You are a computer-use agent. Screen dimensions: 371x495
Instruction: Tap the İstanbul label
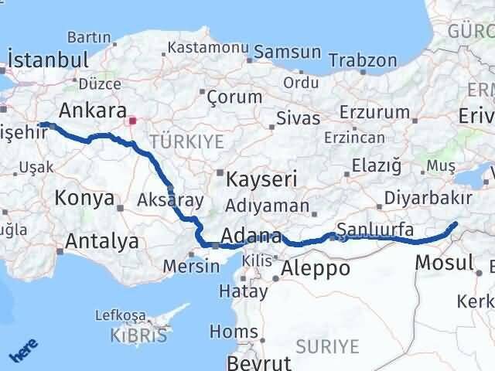[x=47, y=60]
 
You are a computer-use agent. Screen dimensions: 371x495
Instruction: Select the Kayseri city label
[x=262, y=180]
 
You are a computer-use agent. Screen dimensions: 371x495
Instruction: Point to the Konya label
[x=84, y=198]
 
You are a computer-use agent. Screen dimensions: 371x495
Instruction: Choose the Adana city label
[x=251, y=236]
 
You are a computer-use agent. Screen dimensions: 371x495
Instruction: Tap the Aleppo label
[x=316, y=268]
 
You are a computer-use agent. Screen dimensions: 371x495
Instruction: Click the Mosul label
[x=444, y=262]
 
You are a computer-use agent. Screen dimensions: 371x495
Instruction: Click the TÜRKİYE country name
[x=186, y=141]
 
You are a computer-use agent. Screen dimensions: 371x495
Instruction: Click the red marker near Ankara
[x=132, y=121]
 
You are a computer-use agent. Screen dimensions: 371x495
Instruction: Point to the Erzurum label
[x=379, y=112]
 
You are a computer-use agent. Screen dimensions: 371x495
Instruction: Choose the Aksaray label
[x=170, y=200]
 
